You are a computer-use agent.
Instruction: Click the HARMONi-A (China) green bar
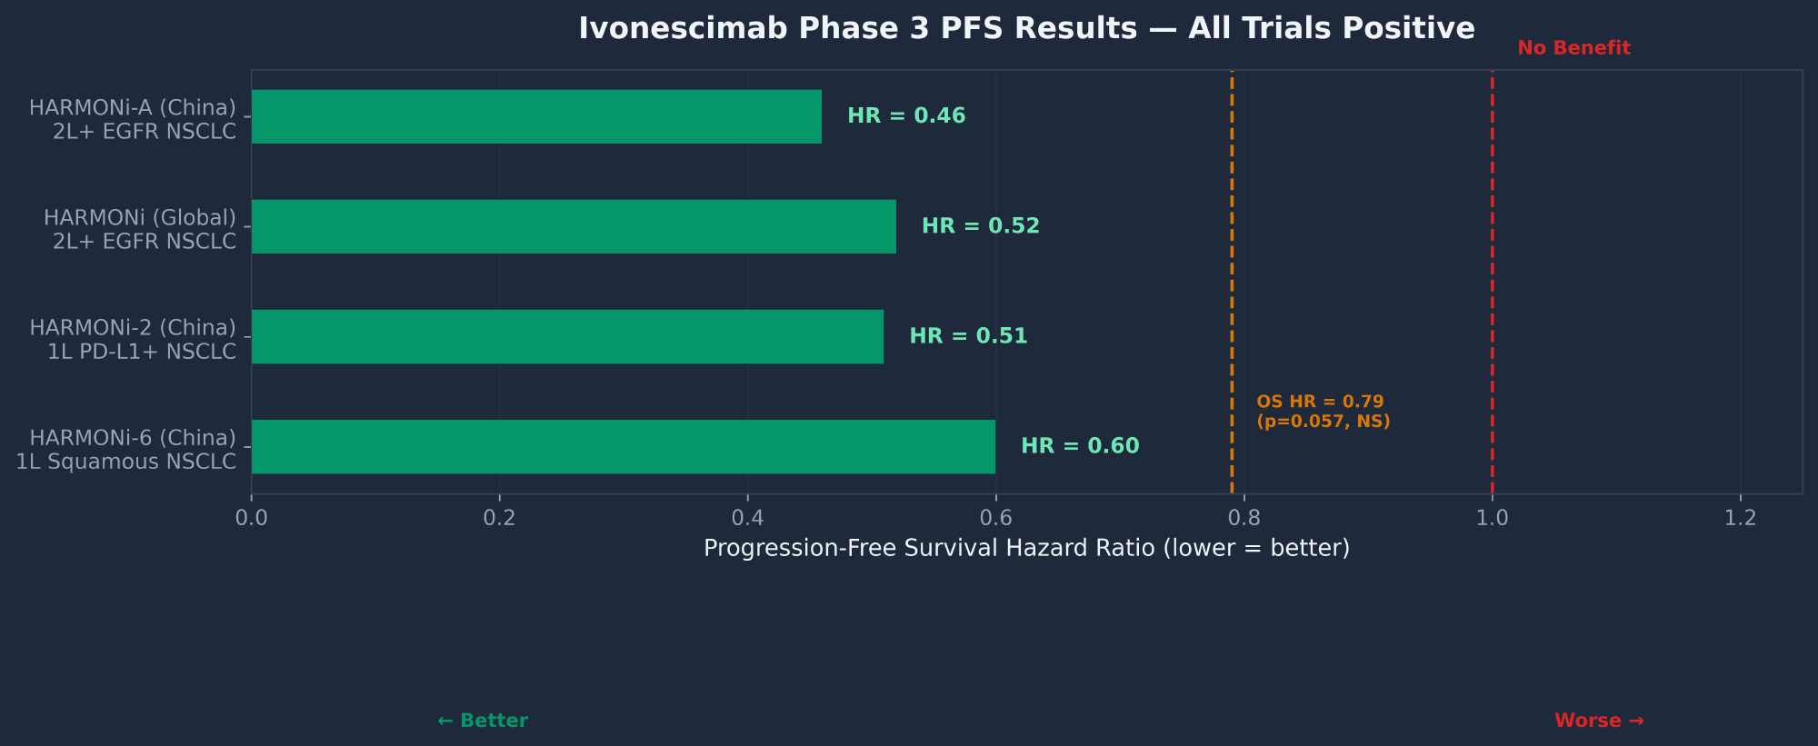[x=536, y=116]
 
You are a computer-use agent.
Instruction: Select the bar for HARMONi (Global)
[x=574, y=226]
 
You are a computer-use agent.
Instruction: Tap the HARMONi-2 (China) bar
[x=567, y=336]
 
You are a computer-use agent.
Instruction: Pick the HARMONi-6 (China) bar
[x=623, y=446]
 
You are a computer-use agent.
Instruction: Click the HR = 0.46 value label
[x=906, y=116]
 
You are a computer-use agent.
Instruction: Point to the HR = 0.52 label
[x=980, y=226]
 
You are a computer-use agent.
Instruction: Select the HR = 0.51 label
[x=968, y=336]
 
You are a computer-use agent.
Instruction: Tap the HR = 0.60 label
[x=1080, y=446]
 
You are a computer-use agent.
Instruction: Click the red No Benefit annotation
[x=1573, y=48]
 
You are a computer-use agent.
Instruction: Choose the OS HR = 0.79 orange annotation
[x=1323, y=412]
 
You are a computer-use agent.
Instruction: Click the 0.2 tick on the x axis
[x=499, y=518]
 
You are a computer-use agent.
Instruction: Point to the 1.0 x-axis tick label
[x=1492, y=518]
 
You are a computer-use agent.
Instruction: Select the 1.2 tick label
[x=1740, y=518]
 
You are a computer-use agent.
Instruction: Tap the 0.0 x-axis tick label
[x=252, y=518]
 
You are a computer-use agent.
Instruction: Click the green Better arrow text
[x=482, y=721]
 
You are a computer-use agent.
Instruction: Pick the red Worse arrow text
[x=1599, y=721]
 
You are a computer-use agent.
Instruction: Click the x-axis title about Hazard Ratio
[x=1026, y=549]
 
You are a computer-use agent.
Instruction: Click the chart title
[x=1026, y=28]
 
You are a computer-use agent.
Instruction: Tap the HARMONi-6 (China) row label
[x=127, y=450]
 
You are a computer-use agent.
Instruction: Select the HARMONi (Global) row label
[x=141, y=229]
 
